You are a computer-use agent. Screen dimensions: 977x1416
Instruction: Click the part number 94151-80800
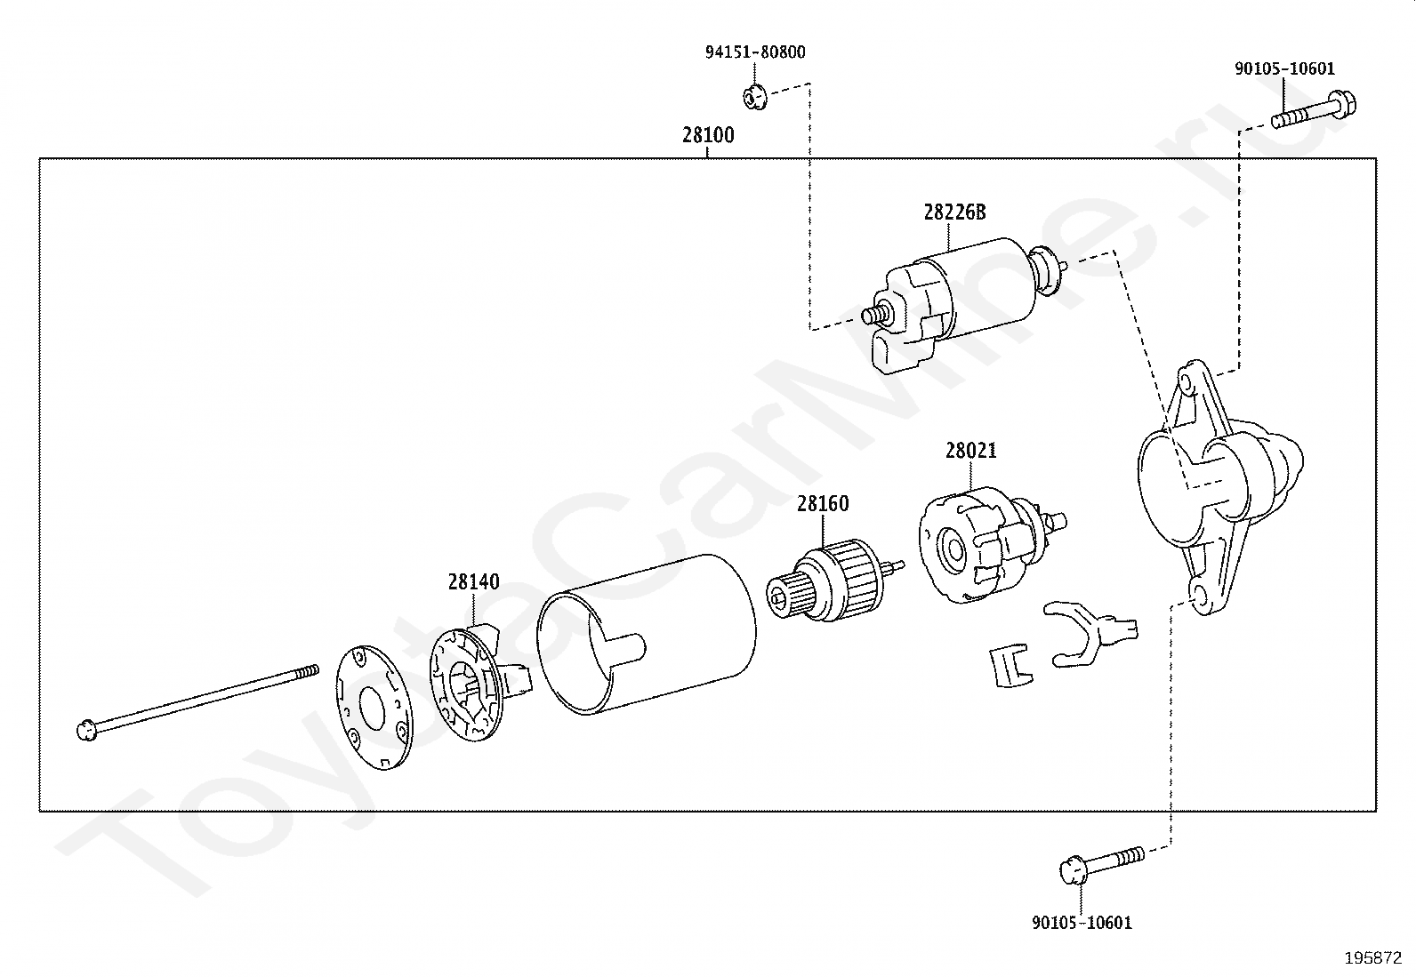click(755, 52)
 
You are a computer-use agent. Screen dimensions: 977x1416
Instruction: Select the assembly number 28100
click(708, 136)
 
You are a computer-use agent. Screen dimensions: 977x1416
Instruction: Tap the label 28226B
click(954, 212)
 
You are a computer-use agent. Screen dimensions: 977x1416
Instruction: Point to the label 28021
click(970, 451)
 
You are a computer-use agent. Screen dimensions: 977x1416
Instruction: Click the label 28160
click(823, 504)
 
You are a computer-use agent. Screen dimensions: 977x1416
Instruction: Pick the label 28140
click(473, 582)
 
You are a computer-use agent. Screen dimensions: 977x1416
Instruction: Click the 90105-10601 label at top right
click(1284, 69)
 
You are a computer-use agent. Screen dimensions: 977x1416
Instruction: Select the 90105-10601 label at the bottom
click(1082, 923)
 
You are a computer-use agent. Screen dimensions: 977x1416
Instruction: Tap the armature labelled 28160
click(833, 582)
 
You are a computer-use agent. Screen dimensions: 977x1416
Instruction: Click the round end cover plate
click(374, 706)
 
